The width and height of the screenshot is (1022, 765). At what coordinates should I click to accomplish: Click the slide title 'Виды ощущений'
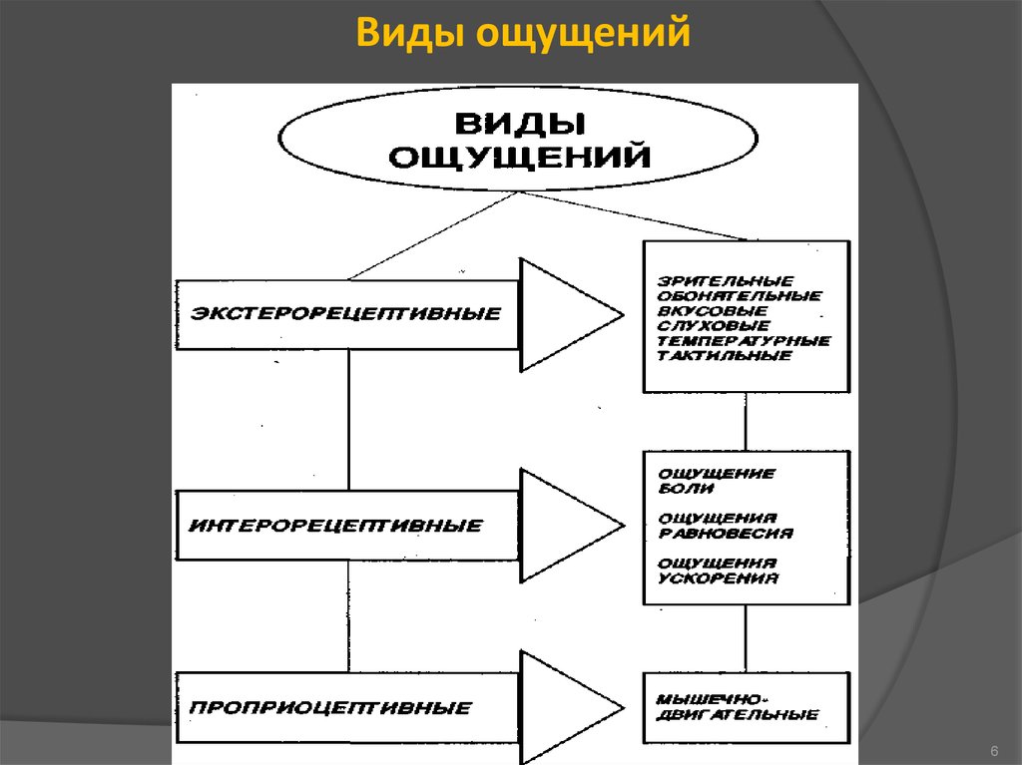(524, 32)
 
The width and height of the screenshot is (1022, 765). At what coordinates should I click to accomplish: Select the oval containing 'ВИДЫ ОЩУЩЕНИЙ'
(518, 142)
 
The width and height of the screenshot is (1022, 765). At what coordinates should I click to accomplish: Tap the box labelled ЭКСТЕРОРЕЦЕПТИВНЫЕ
(346, 313)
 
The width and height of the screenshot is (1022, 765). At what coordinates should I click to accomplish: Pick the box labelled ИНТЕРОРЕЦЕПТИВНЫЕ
(346, 525)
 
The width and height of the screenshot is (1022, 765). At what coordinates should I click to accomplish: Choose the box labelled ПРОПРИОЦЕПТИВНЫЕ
(346, 708)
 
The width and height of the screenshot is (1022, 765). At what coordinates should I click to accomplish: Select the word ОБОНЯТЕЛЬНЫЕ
(740, 295)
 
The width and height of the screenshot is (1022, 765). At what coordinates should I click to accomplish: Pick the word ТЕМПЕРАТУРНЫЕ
(744, 340)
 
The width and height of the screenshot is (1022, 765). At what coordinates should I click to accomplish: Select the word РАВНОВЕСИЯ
(726, 534)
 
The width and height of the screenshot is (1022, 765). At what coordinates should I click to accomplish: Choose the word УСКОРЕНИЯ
(718, 578)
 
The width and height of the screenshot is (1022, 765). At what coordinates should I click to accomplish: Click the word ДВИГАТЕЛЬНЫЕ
(738, 714)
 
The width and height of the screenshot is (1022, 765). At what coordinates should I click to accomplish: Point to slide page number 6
(994, 749)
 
